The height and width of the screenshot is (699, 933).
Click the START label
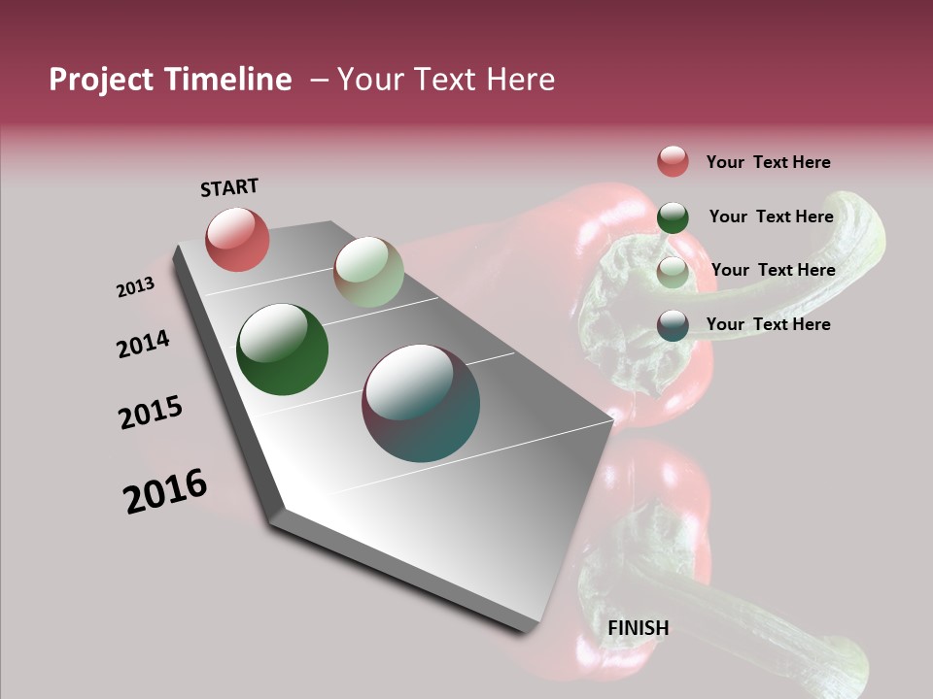click(x=229, y=187)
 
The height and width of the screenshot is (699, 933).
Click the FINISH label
click(x=639, y=628)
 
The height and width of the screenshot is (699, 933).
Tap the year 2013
click(x=135, y=287)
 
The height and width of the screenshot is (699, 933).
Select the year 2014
click(x=143, y=344)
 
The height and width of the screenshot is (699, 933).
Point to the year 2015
click(x=151, y=413)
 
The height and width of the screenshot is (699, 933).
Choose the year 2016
click(x=165, y=491)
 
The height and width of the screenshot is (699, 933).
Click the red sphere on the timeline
click(x=237, y=239)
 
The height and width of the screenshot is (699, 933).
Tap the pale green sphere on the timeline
click(x=368, y=272)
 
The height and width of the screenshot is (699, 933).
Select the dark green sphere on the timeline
click(x=282, y=349)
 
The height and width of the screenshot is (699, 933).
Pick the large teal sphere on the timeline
click(x=421, y=402)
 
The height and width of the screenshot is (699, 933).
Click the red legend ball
click(x=673, y=161)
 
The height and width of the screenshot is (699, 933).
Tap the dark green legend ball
click(x=673, y=217)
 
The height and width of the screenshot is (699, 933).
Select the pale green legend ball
click(x=673, y=272)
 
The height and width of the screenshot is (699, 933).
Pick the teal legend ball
click(x=673, y=325)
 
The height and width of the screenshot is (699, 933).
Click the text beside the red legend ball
click(x=768, y=162)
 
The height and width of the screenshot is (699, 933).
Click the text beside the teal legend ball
click(x=768, y=324)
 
